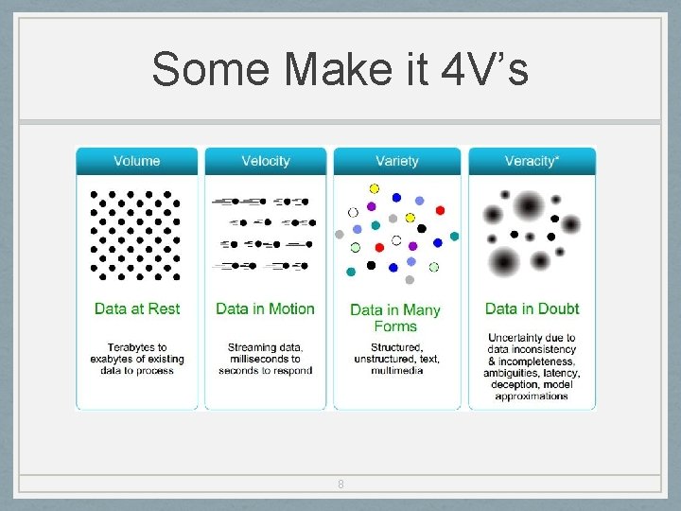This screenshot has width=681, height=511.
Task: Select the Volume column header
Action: pyautogui.click(x=137, y=161)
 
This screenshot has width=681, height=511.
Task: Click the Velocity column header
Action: pyautogui.click(x=266, y=161)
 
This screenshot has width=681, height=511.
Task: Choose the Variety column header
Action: pyautogui.click(x=396, y=161)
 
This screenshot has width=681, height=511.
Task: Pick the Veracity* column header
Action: pyautogui.click(x=532, y=161)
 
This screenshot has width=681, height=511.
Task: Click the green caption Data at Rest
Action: pyautogui.click(x=137, y=308)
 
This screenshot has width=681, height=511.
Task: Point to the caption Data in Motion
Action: pyautogui.click(x=266, y=308)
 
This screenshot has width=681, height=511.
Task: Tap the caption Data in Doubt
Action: pyautogui.click(x=532, y=308)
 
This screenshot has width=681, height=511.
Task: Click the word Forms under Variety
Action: pyautogui.click(x=395, y=326)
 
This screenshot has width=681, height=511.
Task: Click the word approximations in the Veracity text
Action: pyautogui.click(x=532, y=396)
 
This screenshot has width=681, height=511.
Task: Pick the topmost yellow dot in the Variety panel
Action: pyautogui.click(x=375, y=188)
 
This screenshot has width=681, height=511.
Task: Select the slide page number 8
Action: pyautogui.click(x=340, y=485)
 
